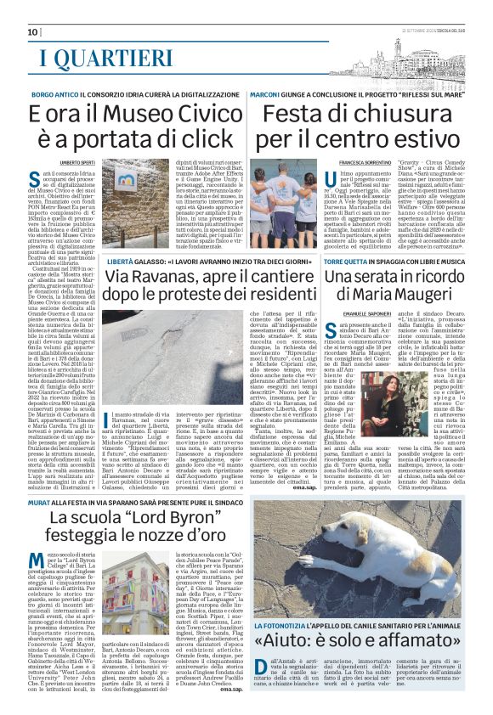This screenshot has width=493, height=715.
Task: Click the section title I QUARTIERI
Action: tap(106, 58)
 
